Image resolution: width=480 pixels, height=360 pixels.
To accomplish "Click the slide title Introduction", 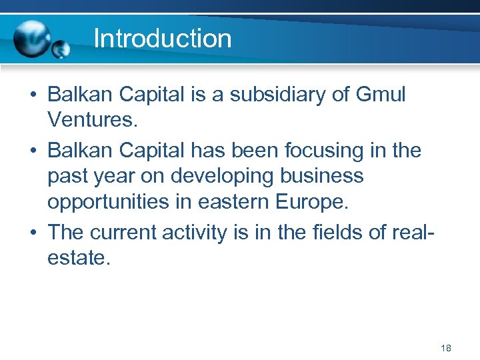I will pyautogui.click(x=163, y=39).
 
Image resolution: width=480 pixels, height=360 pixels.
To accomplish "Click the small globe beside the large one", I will pyautogui.click(x=61, y=49).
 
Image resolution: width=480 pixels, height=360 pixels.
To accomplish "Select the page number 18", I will pyautogui.click(x=446, y=349).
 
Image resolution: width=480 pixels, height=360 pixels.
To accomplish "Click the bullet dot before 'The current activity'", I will pyautogui.click(x=33, y=233).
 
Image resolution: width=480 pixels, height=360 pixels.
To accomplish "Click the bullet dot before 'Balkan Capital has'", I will pyautogui.click(x=33, y=151).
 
